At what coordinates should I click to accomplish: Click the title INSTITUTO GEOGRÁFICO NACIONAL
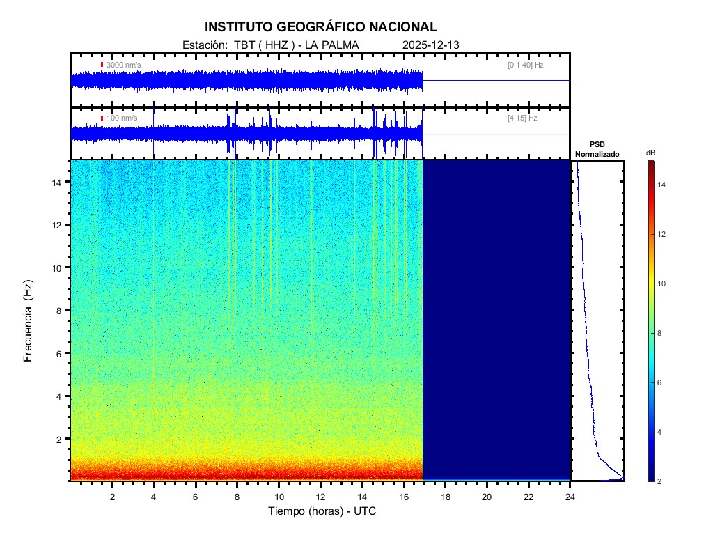(x=321, y=27)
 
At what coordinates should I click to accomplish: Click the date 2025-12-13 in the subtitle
(x=430, y=45)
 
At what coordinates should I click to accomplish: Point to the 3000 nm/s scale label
(x=123, y=65)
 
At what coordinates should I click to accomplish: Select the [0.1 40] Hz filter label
(x=526, y=65)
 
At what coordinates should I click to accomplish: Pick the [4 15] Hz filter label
(x=522, y=118)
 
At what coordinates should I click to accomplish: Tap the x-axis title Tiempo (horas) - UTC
(x=322, y=511)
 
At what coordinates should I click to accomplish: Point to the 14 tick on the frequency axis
(x=59, y=182)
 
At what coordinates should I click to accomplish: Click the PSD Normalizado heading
(x=597, y=149)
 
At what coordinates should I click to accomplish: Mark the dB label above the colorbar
(x=650, y=153)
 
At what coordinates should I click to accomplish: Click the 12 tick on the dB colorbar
(x=664, y=234)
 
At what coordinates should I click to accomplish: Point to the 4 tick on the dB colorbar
(x=661, y=432)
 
